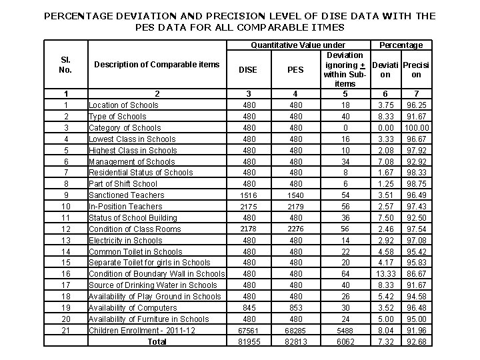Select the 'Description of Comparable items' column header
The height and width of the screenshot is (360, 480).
point(157,65)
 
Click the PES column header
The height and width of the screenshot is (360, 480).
point(295,69)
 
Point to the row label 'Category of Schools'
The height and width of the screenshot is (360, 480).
point(125,127)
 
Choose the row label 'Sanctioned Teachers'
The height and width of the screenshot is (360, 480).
point(126,195)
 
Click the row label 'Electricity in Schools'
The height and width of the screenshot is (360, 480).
point(125,240)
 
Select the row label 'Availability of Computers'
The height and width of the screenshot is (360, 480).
point(133,307)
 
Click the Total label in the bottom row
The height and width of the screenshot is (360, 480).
point(157,341)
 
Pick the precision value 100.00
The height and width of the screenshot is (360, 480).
point(417,127)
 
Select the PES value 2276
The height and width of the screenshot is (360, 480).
point(295,229)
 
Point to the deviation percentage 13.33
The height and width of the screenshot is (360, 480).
point(385,274)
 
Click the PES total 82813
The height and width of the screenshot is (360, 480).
point(295,342)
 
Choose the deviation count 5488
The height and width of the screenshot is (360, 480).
point(345,331)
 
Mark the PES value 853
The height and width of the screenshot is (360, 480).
point(295,308)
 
